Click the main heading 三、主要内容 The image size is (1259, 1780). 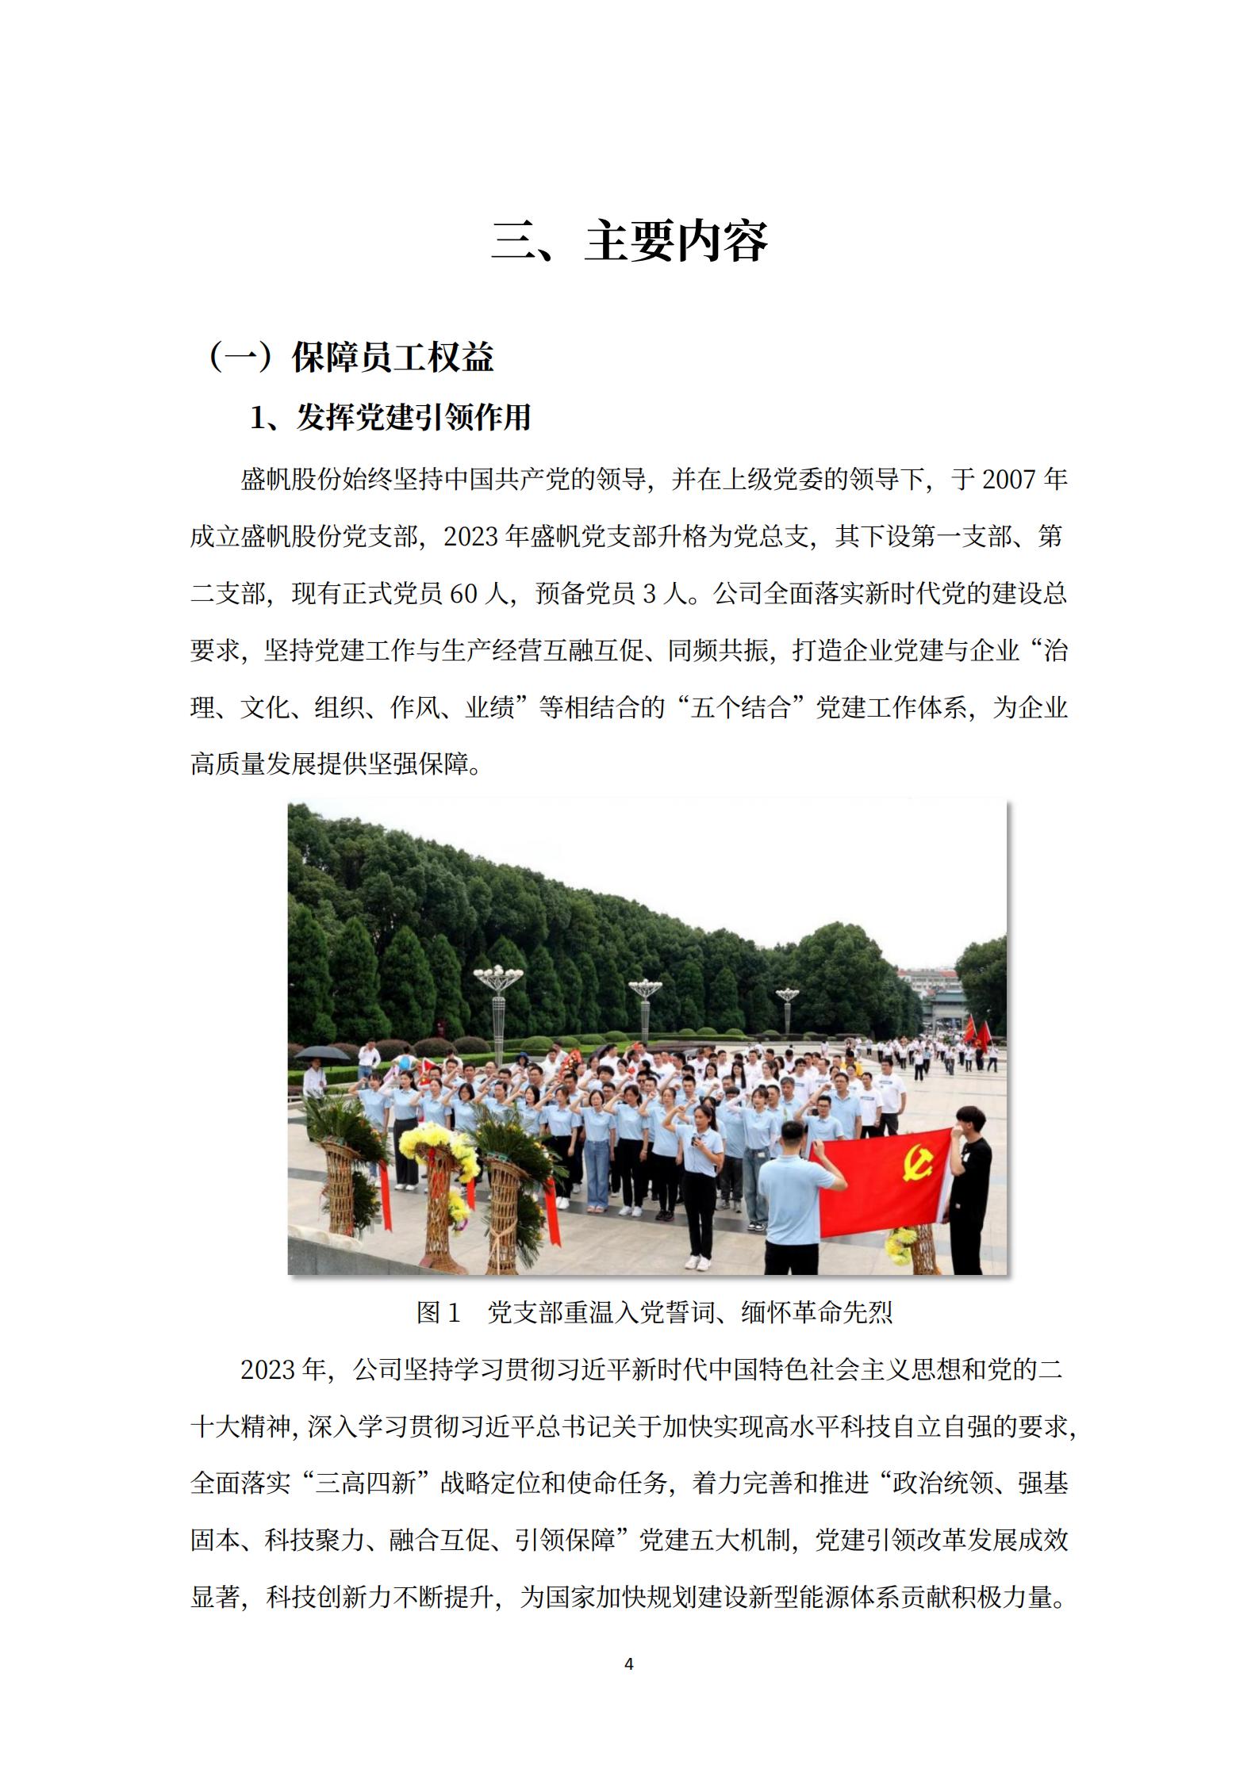[629, 242]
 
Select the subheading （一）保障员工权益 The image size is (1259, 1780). [351, 358]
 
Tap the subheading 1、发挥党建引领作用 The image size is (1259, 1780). [390, 418]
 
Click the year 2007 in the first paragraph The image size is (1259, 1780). [1009, 480]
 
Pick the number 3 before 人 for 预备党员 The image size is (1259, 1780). [649, 595]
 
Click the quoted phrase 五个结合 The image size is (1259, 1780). [740, 708]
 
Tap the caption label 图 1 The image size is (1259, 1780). [439, 1313]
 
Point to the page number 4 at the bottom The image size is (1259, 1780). [629, 1664]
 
